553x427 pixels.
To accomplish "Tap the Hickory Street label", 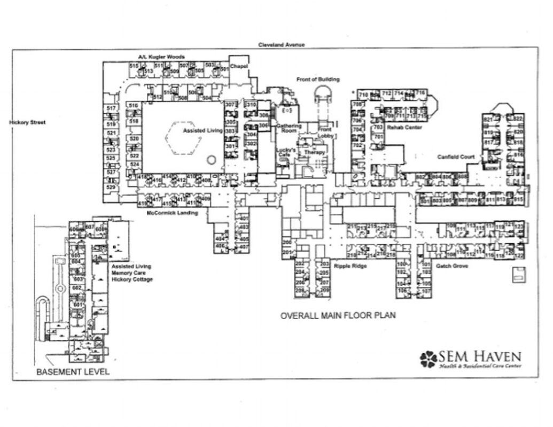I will tap(27, 122).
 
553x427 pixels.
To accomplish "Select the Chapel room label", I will tap(237, 67).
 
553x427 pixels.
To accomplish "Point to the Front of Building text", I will tap(318, 80).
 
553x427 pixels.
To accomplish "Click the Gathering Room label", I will tap(289, 128).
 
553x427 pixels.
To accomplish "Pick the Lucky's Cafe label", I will tap(286, 152).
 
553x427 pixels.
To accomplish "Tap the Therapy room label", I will tap(315, 152).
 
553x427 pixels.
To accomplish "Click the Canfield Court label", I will tap(456, 157).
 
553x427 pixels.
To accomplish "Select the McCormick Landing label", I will tap(172, 213).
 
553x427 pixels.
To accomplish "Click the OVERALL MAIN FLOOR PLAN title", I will tap(338, 315).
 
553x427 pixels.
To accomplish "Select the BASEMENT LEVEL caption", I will tap(73, 371).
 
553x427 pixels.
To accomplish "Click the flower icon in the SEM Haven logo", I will tap(429, 358).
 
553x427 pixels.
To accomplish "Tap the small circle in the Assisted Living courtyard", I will tap(211, 159).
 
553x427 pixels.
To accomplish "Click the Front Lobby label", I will tap(325, 133).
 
